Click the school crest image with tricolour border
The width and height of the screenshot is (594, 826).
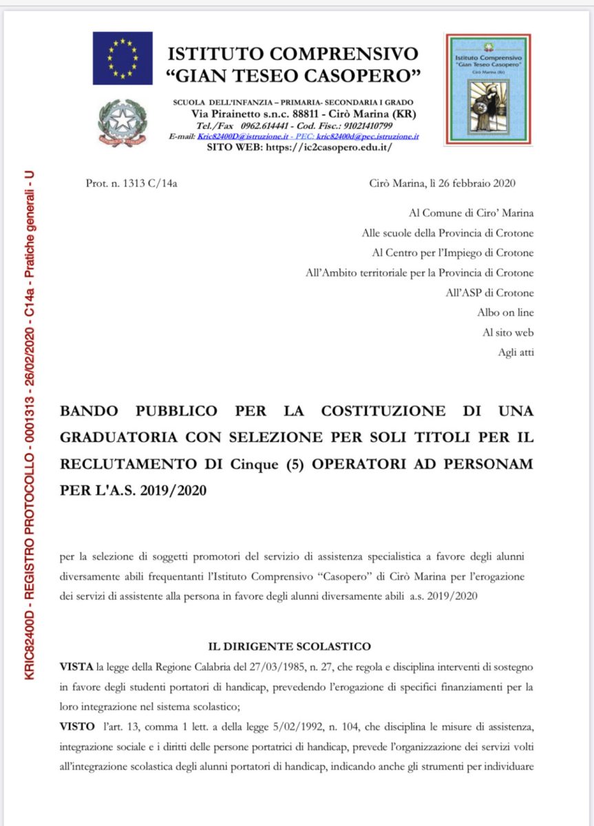(487, 88)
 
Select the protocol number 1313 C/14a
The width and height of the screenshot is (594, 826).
(131, 183)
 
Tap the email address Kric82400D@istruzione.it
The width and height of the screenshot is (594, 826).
(232, 137)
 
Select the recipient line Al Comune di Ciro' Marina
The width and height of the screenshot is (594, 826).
(471, 213)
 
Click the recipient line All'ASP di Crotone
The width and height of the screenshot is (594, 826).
(489, 293)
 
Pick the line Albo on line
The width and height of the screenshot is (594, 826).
(505, 313)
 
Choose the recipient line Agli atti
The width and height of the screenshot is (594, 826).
(516, 352)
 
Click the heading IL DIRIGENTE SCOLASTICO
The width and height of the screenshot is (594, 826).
(289, 646)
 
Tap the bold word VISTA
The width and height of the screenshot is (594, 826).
(77, 668)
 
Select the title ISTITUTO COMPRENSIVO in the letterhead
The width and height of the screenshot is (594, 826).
(293, 54)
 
